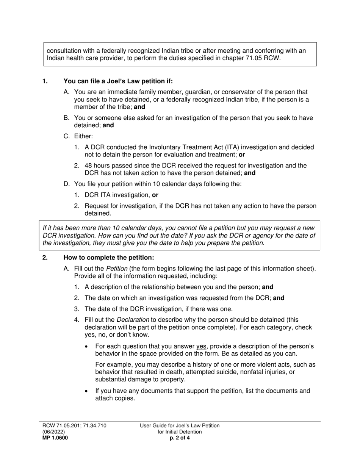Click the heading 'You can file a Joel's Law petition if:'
[118, 81]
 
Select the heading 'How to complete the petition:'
[109, 258]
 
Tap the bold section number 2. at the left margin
[45, 258]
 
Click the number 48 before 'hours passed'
[88, 166]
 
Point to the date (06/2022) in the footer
[53, 432]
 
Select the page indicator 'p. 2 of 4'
[180, 438]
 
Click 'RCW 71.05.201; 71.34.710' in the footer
[74, 425]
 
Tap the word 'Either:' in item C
[83, 136]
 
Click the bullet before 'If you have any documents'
[88, 391]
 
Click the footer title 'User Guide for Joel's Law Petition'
[180, 425]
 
